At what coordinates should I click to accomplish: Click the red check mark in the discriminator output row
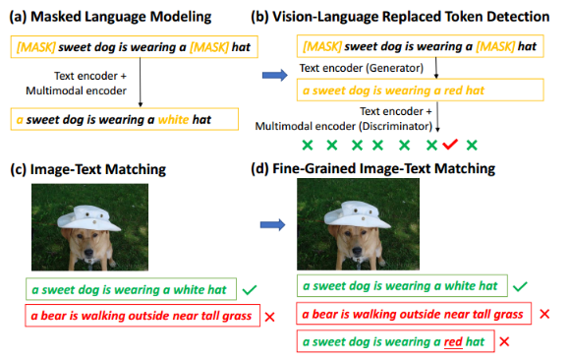coord(450,144)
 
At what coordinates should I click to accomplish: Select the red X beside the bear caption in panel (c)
coord(268,316)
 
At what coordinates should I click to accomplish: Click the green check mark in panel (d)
coord(519,287)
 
